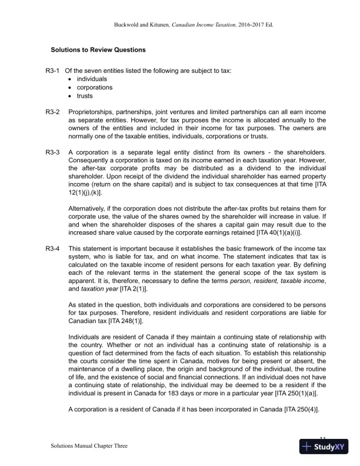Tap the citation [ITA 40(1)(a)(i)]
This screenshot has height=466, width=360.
pos(278,232)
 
